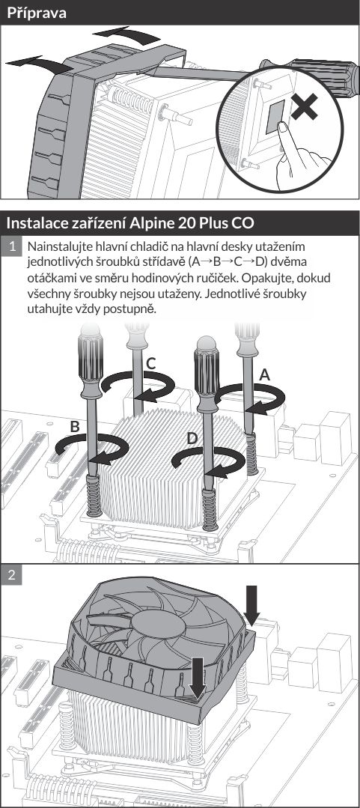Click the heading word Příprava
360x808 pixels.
click(x=37, y=13)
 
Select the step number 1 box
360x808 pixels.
click(x=11, y=246)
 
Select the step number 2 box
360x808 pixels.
click(x=11, y=576)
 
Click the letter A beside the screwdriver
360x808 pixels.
click(x=264, y=374)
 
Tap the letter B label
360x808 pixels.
click(x=75, y=427)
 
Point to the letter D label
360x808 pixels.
click(x=192, y=439)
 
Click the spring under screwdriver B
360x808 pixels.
click(x=94, y=495)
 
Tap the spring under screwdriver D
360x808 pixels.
click(x=209, y=510)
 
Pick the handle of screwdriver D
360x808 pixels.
click(x=207, y=369)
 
